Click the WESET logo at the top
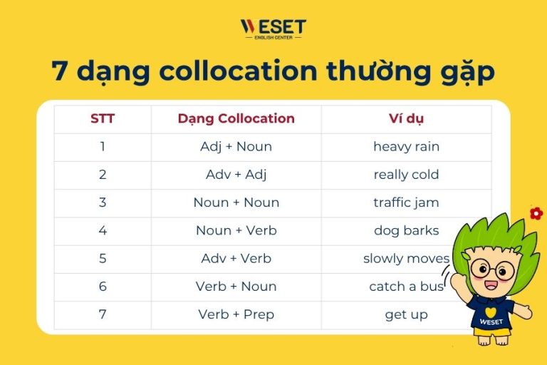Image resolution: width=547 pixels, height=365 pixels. coord(273,29)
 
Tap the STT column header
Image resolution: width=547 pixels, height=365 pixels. coord(103,119)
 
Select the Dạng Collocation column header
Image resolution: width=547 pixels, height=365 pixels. coord(236,119)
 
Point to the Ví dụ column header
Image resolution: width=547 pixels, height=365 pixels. coord(406,119)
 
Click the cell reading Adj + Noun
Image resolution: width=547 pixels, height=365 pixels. coord(236,147)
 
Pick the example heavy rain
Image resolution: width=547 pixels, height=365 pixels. coord(406,147)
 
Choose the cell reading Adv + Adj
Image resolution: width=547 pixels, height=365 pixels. coord(236,175)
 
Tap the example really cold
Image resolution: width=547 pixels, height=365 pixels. coord(406,175)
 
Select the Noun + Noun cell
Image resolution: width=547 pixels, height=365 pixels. coord(236,202)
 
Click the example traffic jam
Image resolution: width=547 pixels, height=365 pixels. coord(406,202)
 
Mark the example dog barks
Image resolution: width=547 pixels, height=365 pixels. coord(406,230)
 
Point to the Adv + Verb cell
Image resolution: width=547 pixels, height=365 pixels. coord(236,258)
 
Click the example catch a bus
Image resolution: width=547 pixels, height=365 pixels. coord(406,287)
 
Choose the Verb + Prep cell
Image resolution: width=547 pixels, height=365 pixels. coord(236,314)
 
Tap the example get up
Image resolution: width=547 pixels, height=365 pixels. coord(406,314)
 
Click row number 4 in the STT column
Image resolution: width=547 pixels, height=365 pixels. coord(103,230)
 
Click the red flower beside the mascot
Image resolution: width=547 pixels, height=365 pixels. coord(536,212)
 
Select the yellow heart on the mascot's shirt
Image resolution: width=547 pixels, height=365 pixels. coord(491,311)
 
